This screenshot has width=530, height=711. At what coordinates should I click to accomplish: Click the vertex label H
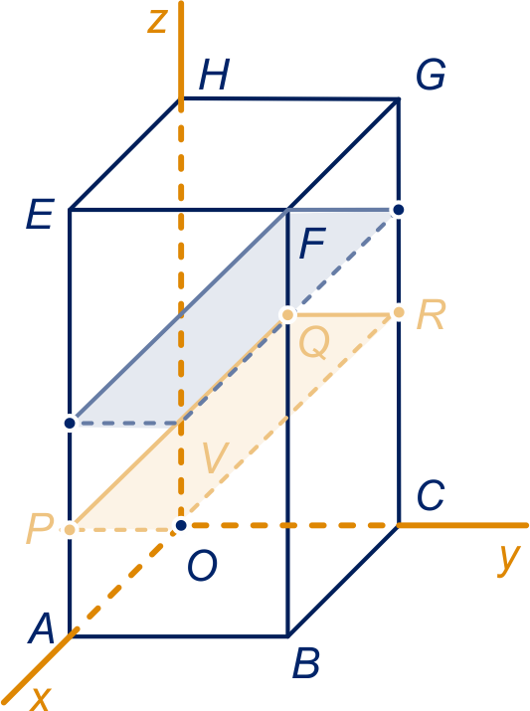pos(214,75)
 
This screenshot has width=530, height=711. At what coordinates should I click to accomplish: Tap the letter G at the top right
pos(431,75)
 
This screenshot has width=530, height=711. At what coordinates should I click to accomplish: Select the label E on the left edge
pos(40,214)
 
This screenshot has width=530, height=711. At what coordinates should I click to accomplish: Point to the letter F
pos(312,243)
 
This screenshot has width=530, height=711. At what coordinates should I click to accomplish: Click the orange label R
pos(432,314)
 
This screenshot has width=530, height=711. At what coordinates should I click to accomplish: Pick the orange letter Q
pos(314,342)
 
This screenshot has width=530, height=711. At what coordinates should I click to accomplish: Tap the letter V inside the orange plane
pos(216,457)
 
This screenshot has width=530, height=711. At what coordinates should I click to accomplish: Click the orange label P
pos(40,529)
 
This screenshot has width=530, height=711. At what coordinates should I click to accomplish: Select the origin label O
pos(202,565)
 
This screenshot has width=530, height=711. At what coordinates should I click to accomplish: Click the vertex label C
pos(431,495)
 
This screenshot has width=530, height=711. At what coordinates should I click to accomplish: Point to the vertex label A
pos(41,628)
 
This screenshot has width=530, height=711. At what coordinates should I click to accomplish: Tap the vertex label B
pos(306,663)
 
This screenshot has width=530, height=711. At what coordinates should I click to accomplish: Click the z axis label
pos(158,21)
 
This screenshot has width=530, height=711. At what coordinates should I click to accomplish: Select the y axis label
pos(508,560)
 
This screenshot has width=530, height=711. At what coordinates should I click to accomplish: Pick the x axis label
pos(41,700)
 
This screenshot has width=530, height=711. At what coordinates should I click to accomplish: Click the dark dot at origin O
pos(181,525)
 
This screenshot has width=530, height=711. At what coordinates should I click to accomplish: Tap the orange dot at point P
pos(70,529)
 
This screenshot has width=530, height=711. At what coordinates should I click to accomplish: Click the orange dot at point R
pos(399,312)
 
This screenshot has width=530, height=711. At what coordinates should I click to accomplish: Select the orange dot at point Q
pos(287,314)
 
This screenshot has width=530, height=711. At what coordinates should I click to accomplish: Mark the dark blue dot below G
pos(399,210)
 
